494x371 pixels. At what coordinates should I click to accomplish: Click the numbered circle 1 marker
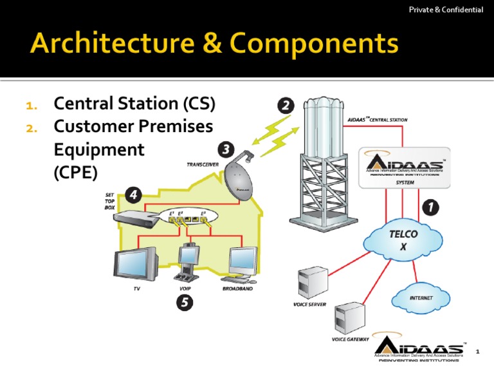[x=430, y=207]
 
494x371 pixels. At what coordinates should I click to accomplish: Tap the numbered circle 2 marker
[x=286, y=106]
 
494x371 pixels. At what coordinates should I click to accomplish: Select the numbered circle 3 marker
[x=225, y=150]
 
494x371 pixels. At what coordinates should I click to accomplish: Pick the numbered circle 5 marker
[x=184, y=301]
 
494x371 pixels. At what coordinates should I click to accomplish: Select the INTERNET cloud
[x=421, y=298]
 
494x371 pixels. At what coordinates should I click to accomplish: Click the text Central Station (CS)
[x=134, y=104]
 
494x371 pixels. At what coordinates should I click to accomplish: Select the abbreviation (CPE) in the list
[x=76, y=173]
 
